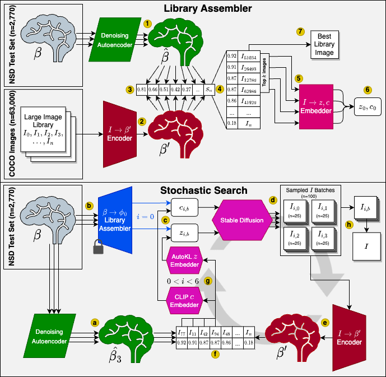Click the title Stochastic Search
click(x=204, y=190)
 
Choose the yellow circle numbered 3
click(x=129, y=89)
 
